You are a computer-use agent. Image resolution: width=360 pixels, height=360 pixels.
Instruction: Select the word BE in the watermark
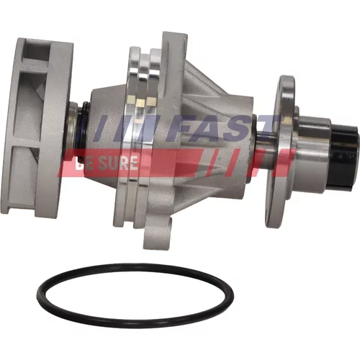pyautogui.click(x=86, y=163)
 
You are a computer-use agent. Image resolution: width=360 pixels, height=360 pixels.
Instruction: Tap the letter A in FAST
pyautogui.click(x=210, y=129)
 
